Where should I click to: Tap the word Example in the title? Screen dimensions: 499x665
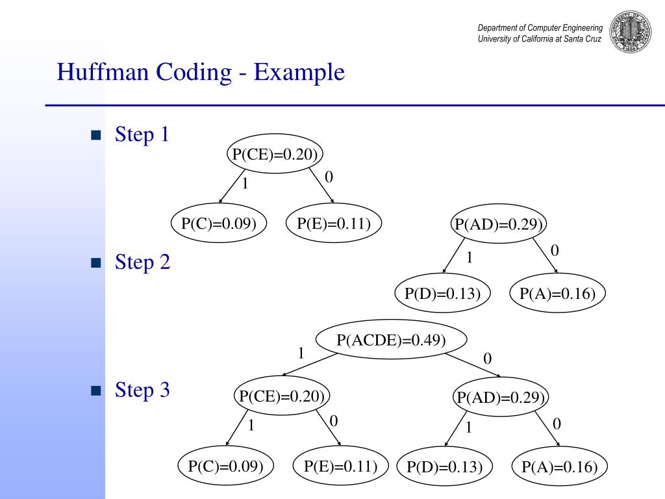tap(299, 72)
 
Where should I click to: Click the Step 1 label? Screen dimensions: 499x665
tap(142, 134)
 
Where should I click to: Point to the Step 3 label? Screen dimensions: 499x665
tap(142, 390)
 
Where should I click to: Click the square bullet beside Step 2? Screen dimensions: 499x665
tap(97, 263)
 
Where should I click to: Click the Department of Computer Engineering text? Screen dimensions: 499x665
tap(540, 28)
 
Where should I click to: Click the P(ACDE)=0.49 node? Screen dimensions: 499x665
tap(391, 340)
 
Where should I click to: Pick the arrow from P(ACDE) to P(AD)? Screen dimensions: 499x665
tap(471, 365)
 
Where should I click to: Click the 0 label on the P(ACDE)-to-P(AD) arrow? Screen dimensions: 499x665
tap(488, 358)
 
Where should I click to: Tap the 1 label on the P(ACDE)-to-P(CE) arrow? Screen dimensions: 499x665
tap(301, 353)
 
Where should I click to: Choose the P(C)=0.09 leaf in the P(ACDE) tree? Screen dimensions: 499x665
tap(225, 466)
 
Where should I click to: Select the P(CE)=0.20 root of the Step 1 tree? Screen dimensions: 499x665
tap(276, 154)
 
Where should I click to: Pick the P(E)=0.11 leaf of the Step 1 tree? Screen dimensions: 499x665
tap(334, 224)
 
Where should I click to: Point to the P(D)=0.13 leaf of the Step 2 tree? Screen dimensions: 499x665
tap(442, 294)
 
